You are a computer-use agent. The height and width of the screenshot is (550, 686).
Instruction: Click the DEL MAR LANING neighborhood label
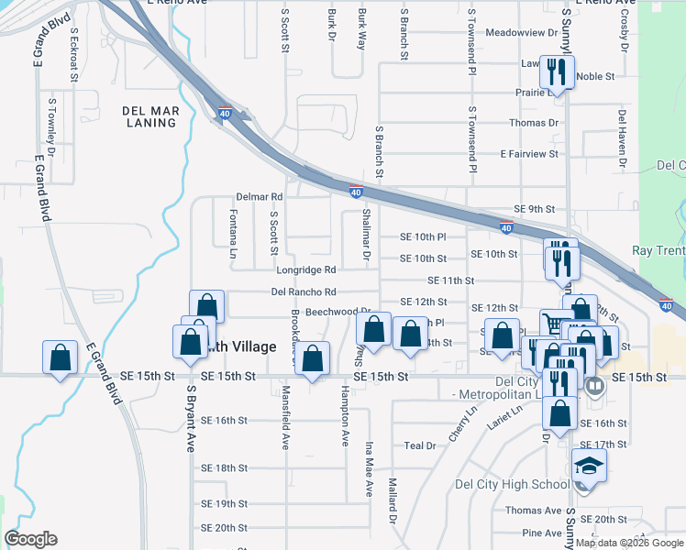point(149,116)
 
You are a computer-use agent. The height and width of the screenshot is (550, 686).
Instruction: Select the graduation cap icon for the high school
point(588,465)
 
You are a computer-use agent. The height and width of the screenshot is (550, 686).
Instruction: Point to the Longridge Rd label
point(306,270)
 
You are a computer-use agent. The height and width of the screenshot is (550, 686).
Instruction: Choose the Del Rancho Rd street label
point(304,292)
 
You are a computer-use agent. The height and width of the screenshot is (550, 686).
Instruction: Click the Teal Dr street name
point(419,445)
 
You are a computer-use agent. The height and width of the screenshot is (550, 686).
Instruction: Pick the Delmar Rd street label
point(260,196)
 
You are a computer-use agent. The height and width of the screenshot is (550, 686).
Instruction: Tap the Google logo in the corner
point(30,539)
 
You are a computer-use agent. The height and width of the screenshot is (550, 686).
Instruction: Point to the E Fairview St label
point(529,154)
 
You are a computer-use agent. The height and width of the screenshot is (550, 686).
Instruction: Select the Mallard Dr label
point(392,500)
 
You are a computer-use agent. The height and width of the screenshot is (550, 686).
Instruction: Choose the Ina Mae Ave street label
point(370,468)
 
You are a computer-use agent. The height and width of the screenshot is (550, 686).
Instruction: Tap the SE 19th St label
point(225,504)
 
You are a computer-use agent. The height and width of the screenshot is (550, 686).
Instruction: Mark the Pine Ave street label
point(541,533)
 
